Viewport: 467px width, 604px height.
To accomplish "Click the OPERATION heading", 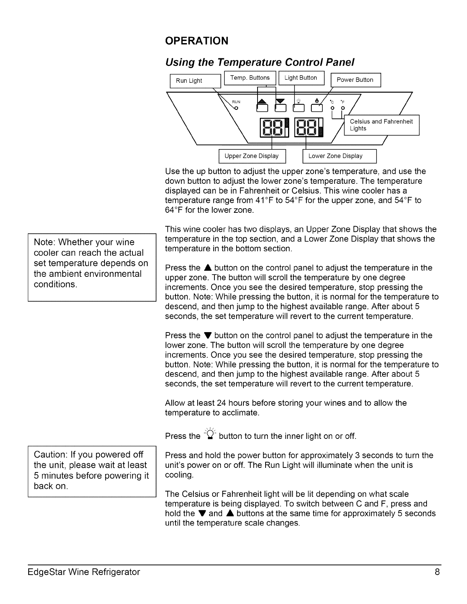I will pos(196,41).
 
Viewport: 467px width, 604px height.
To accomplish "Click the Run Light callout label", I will pos(189,80).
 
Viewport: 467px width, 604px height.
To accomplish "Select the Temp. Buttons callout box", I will pos(250,78).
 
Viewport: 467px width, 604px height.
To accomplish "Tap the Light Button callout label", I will pos(301,78).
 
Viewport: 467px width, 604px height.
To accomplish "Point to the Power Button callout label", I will pos(355,80).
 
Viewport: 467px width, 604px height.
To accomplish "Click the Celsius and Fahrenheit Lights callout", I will pos(381,125).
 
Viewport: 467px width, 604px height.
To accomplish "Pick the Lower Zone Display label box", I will pos(335,156).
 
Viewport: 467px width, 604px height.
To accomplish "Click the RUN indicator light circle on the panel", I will pos(236,108).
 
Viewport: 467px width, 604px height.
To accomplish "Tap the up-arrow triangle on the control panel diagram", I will pos(262,101).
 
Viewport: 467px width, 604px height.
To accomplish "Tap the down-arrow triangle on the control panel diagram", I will pos(280,101).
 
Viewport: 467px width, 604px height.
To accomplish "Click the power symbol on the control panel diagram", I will pos(316,101).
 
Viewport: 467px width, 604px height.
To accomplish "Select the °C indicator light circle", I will pos(332,108).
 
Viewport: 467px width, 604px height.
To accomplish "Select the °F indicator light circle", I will pos(343,108).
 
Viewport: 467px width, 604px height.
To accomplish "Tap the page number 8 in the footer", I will pos(437,572).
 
